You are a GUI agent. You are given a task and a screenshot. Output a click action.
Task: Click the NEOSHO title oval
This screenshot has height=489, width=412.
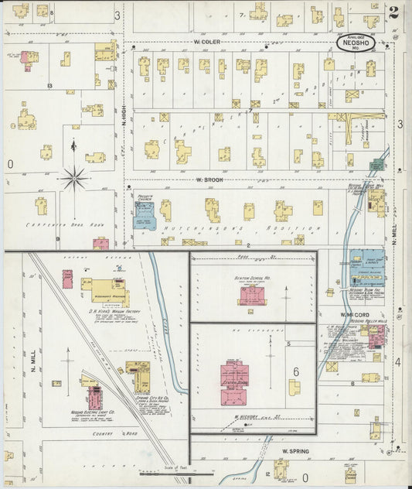(356, 43)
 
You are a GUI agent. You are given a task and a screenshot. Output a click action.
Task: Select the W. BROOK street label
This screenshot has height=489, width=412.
(209, 180)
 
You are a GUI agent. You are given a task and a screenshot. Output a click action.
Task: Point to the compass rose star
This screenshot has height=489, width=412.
(74, 178)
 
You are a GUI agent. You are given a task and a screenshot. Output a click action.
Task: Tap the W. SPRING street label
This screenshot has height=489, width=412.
(295, 450)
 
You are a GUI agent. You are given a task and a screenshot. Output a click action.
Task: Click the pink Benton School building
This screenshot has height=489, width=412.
(253, 295)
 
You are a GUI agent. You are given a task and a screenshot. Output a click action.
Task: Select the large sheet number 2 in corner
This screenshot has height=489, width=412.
(394, 12)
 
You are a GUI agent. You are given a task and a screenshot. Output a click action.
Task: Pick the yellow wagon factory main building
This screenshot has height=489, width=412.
(105, 289)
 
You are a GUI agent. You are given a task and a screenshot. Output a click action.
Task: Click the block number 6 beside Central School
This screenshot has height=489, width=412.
(295, 372)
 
